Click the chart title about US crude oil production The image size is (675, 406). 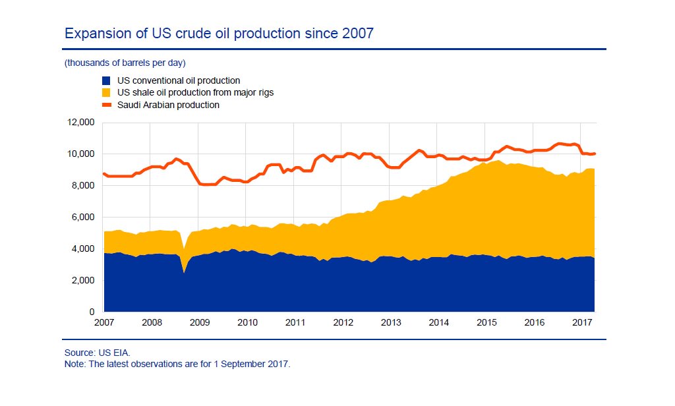tap(218, 33)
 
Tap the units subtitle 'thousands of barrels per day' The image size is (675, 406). tap(125, 63)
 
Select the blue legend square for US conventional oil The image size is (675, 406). tap(104, 81)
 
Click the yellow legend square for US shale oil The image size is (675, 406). tap(104, 93)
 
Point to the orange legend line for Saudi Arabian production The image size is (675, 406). tap(104, 105)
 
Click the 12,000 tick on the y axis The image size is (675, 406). tap(81, 123)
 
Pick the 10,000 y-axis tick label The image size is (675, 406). tap(81, 154)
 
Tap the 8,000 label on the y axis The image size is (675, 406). tap(84, 186)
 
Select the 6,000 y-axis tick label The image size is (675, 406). tap(84, 217)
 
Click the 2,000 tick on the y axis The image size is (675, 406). tap(84, 281)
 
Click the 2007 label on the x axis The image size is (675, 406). tap(104, 322)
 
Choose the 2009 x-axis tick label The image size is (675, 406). tap(200, 322)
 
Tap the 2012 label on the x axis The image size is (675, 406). tap(343, 322)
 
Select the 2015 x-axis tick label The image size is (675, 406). tap(486, 322)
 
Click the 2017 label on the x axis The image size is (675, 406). tap(582, 322)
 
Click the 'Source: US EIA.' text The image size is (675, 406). tap(93, 353)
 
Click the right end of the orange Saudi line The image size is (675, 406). tap(595, 154)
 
